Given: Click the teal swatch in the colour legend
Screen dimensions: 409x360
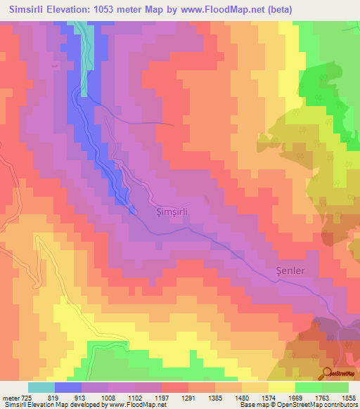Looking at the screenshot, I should click(x=41, y=387).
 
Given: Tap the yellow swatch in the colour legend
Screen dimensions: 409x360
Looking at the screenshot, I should click(x=282, y=387).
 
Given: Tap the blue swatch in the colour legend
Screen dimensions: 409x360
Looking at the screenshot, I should click(x=68, y=387).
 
